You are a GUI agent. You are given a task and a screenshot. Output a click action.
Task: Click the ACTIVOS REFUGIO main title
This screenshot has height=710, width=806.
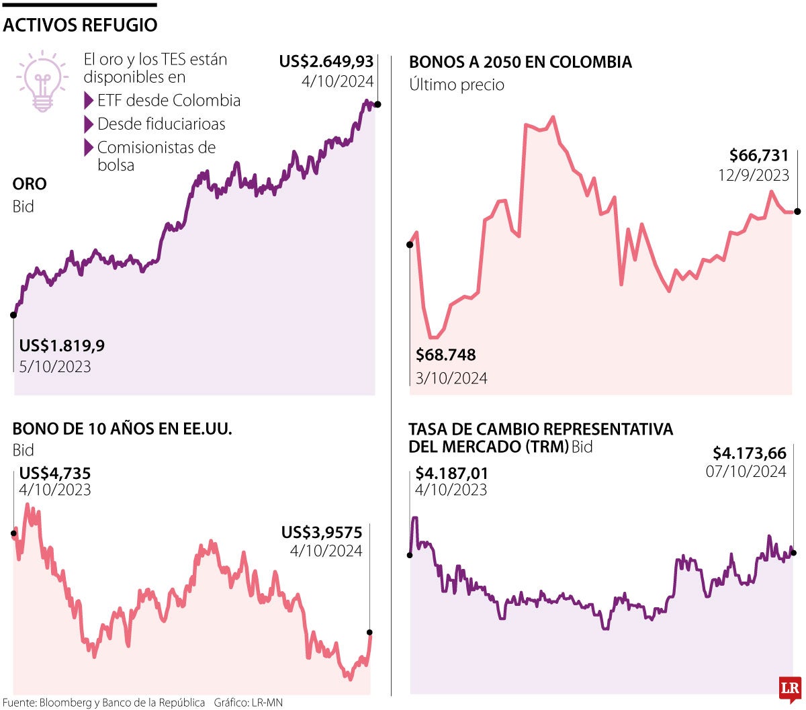click(80, 26)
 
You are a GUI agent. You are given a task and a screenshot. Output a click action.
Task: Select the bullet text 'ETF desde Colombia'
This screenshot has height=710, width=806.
click(169, 101)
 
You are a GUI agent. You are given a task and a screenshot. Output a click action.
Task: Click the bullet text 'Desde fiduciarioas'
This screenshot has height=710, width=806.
click(161, 124)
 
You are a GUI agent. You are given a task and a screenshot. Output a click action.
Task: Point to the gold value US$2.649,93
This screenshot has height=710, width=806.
click(326, 62)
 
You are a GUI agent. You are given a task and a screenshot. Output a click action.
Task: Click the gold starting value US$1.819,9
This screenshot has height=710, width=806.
click(62, 347)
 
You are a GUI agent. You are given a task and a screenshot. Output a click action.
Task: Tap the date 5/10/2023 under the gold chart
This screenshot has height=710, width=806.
click(55, 367)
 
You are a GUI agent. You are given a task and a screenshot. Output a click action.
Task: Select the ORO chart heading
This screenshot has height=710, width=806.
click(30, 184)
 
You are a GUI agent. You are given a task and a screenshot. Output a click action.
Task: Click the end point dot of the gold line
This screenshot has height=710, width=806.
click(377, 104)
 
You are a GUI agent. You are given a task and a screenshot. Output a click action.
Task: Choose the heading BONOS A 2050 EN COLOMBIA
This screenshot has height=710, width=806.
click(521, 62)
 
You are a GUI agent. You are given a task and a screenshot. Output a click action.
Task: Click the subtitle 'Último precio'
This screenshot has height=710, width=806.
click(457, 85)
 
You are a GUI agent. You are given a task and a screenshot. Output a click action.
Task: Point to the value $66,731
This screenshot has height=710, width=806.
click(759, 156)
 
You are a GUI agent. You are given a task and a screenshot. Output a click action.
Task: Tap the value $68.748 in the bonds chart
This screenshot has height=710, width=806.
click(446, 355)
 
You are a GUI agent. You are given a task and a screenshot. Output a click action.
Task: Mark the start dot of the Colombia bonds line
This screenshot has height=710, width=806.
click(410, 245)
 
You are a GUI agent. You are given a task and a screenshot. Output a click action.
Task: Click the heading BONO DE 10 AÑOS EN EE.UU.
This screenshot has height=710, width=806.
click(122, 429)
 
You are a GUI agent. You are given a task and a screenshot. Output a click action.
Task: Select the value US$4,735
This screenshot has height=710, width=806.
click(55, 474)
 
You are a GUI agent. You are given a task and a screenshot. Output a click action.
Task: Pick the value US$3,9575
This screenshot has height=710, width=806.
click(322, 533)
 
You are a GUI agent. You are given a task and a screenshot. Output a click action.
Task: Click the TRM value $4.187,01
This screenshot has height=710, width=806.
click(451, 474)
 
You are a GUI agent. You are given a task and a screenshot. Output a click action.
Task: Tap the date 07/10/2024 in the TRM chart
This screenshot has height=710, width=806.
click(746, 472)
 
